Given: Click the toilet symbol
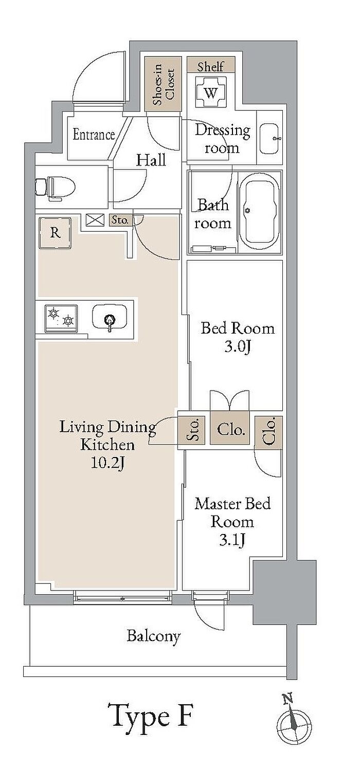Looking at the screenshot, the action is pos(56,188).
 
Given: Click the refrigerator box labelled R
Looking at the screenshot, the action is pos(55,233).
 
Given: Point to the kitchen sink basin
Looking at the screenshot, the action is pos(110,318).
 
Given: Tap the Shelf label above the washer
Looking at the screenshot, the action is pos(211,66).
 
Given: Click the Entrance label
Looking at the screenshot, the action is pos(94,135).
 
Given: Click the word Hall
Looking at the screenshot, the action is pos(151,160).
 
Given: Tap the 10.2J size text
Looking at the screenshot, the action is pos(107,463).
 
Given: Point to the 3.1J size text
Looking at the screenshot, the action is pos(232,540).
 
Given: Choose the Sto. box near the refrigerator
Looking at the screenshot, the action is pos(120,220).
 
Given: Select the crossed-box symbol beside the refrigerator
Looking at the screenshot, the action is pos(95,220).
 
